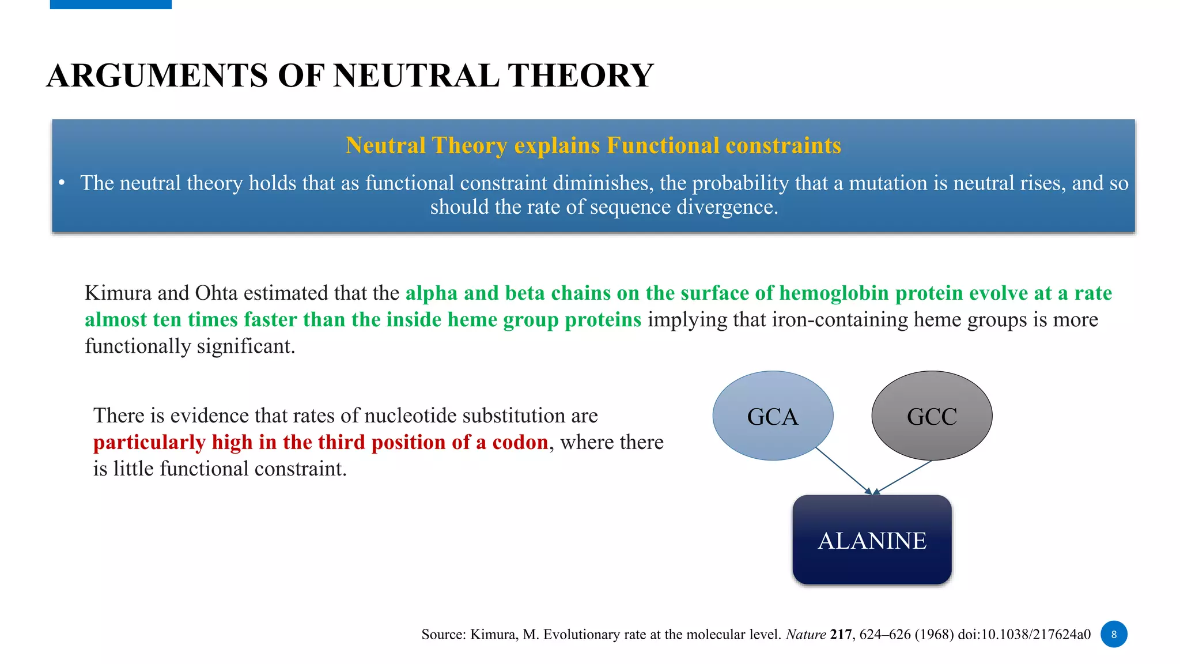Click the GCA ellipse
point(773,416)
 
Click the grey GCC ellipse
point(932,416)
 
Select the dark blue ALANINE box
point(872,540)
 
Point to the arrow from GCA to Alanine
point(844,471)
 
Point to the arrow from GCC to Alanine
point(905,477)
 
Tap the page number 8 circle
point(1114,634)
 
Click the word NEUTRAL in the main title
point(416,76)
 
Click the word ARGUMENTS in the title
point(157,76)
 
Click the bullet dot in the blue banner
point(62,183)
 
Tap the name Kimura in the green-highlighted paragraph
point(118,293)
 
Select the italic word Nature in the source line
point(805,635)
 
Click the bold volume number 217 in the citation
point(841,635)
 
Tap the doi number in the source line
point(1024,635)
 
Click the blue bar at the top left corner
point(111,4)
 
